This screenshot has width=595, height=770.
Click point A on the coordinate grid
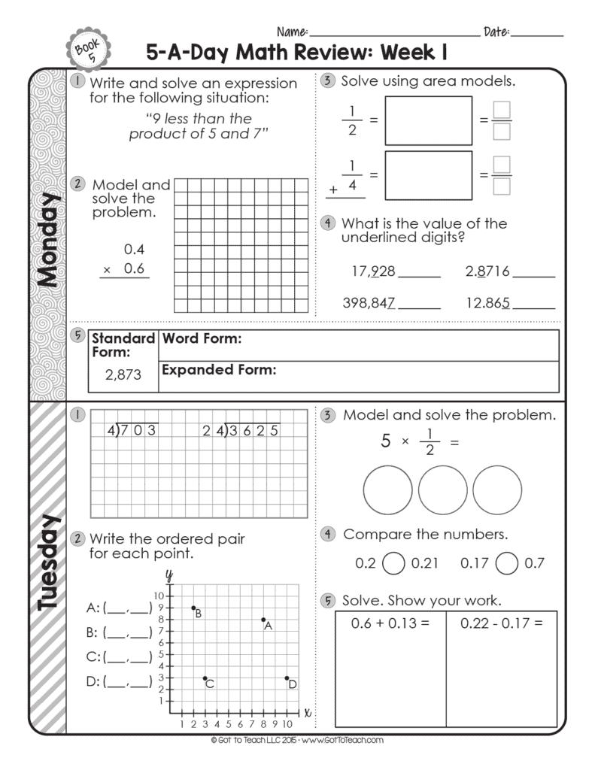[263, 620]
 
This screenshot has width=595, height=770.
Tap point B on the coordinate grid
[193, 608]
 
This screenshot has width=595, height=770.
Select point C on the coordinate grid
[205, 678]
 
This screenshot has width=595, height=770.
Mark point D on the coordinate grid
[287, 678]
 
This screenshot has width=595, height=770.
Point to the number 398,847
[369, 302]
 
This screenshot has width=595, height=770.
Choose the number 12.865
[488, 302]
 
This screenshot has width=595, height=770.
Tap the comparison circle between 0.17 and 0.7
[508, 562]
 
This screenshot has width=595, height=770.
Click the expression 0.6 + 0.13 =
[390, 623]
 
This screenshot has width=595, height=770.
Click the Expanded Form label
[219, 369]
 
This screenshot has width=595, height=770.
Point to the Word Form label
[202, 339]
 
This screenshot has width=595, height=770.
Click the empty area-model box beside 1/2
[428, 120]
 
